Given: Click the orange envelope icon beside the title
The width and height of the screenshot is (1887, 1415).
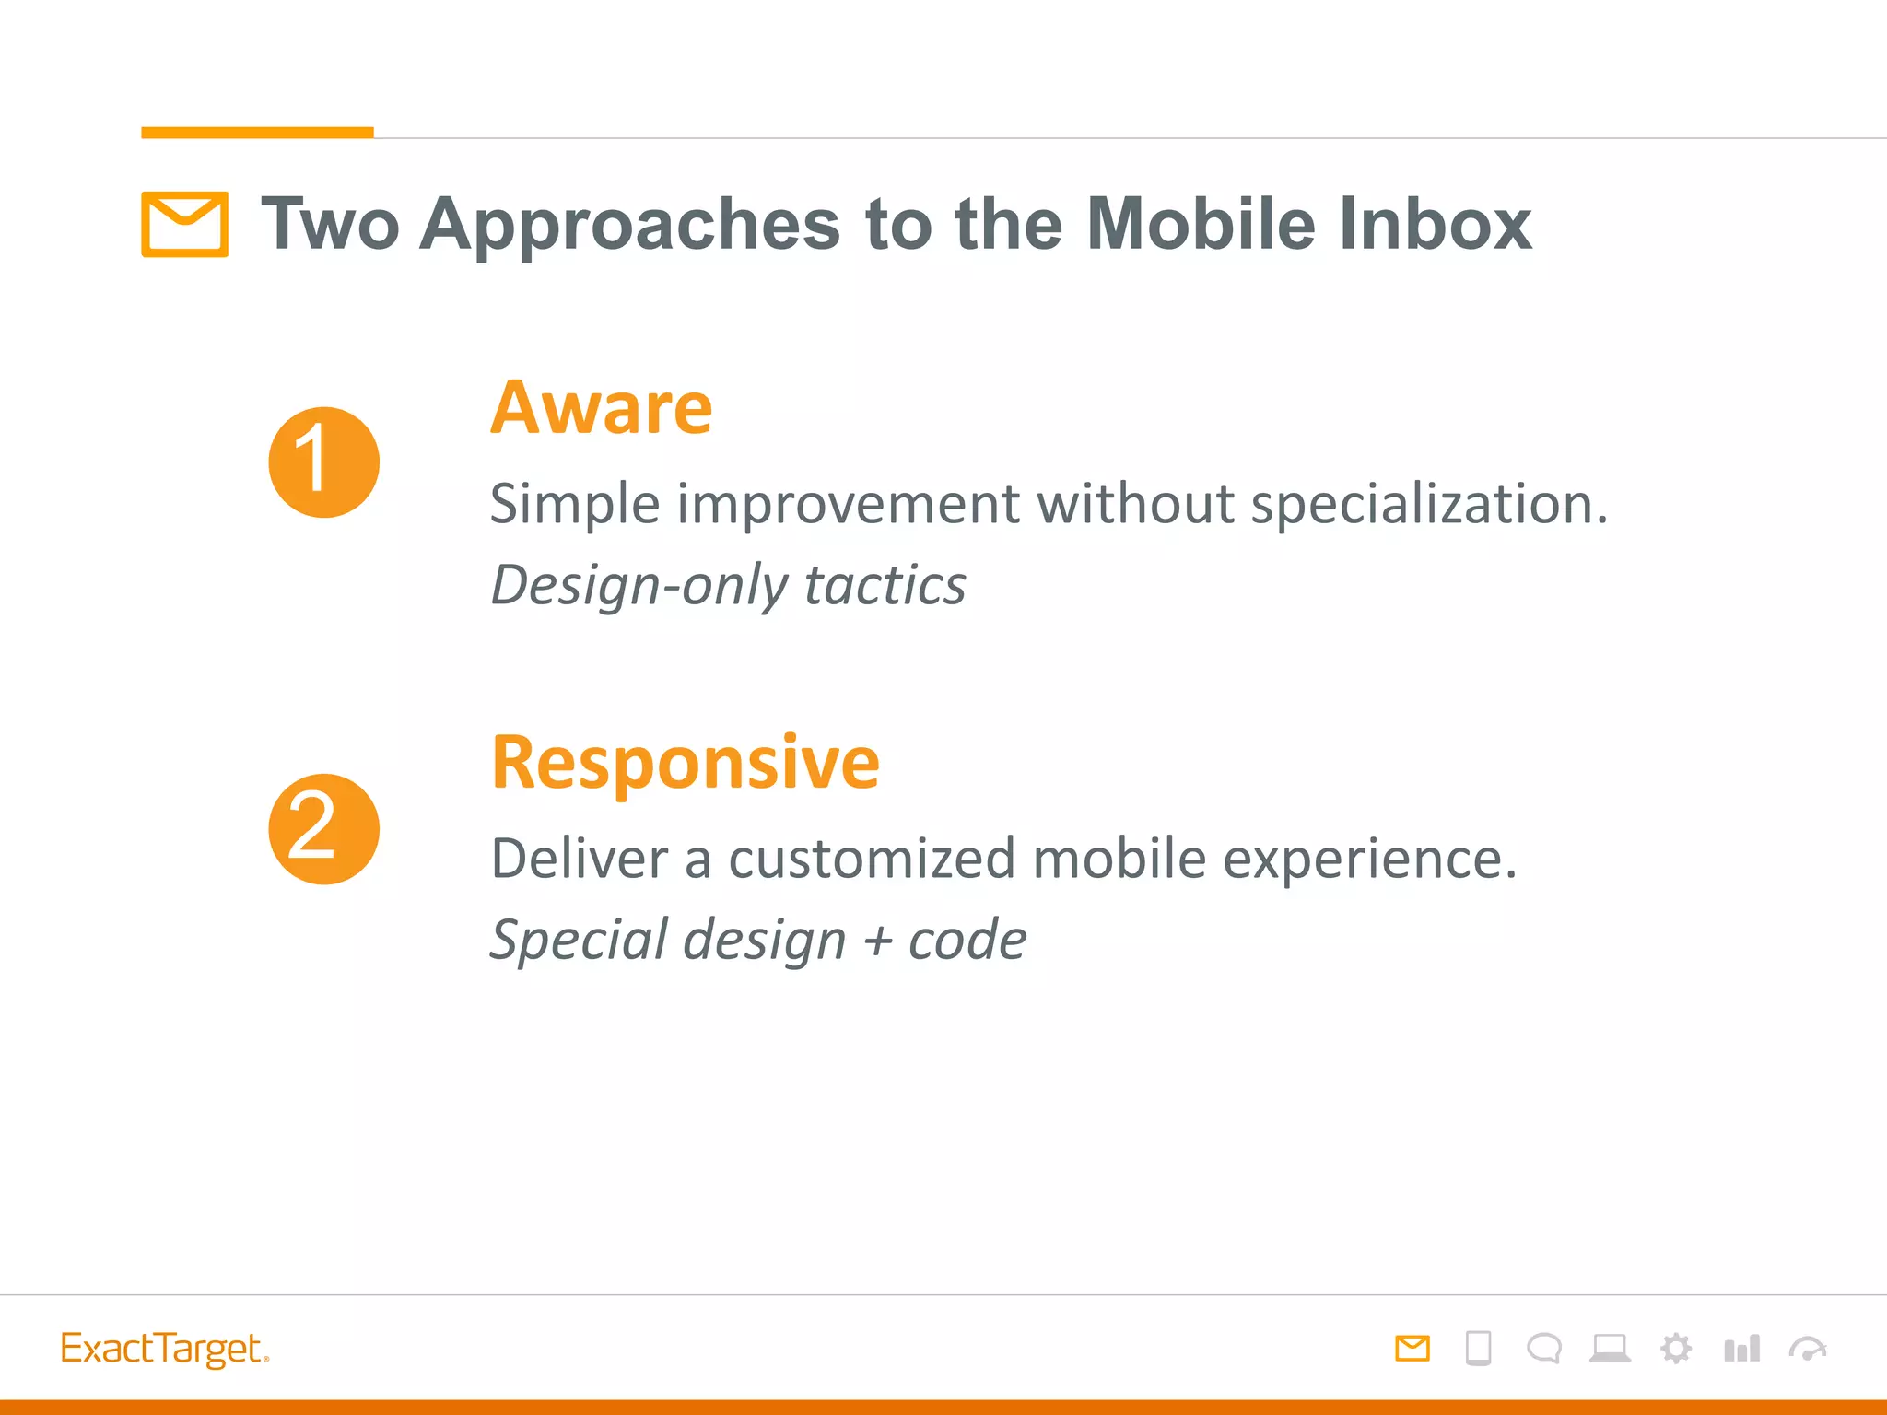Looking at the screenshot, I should (x=184, y=224).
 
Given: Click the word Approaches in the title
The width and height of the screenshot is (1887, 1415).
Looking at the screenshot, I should (x=629, y=226).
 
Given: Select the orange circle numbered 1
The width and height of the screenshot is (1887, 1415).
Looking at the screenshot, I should (x=323, y=462).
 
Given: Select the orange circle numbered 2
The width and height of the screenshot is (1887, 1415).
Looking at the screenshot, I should (x=323, y=829).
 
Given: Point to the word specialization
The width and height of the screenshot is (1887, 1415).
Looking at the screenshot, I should (x=1427, y=505).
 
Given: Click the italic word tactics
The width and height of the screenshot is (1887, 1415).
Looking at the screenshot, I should (x=885, y=586).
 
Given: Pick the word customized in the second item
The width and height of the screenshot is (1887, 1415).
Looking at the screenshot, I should (x=872, y=860).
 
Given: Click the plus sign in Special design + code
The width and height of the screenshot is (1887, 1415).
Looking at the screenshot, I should (x=878, y=941).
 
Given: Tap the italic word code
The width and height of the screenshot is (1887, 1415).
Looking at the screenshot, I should (x=967, y=941).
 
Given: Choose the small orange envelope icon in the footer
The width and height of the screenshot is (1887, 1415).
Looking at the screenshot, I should (x=1412, y=1349).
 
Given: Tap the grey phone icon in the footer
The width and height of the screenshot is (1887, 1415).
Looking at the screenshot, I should (x=1478, y=1349).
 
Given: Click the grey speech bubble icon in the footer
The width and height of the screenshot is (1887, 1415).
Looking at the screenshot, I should (x=1543, y=1349).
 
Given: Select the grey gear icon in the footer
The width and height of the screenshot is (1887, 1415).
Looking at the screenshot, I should (x=1675, y=1349).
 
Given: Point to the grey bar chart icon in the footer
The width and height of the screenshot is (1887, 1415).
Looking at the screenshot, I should (x=1740, y=1349).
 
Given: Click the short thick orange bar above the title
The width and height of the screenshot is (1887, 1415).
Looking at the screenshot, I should (x=257, y=133).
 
